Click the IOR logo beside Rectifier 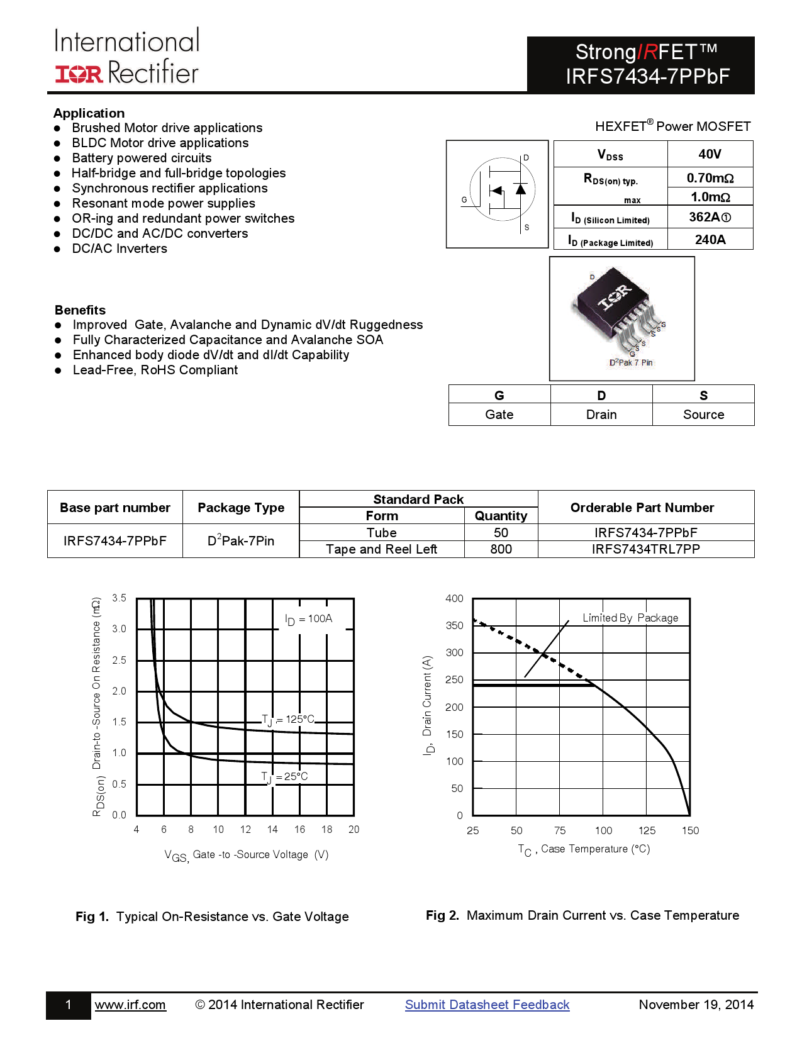click(79, 74)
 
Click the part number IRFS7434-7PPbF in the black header click(647, 76)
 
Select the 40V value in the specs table click(710, 154)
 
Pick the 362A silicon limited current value click(710, 217)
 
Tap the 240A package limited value click(710, 240)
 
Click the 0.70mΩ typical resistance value click(710, 178)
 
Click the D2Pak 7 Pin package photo click(621, 317)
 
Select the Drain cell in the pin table click(601, 415)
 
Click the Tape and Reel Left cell click(381, 549)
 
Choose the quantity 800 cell click(501, 549)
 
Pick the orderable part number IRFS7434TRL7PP click(645, 549)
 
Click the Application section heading click(89, 113)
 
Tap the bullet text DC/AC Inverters click(120, 248)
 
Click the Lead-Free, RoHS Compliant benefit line click(155, 370)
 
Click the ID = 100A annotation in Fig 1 click(309, 619)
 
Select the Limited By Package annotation click(630, 618)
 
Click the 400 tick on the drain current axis click(454, 598)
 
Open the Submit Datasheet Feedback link click(487, 1005)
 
